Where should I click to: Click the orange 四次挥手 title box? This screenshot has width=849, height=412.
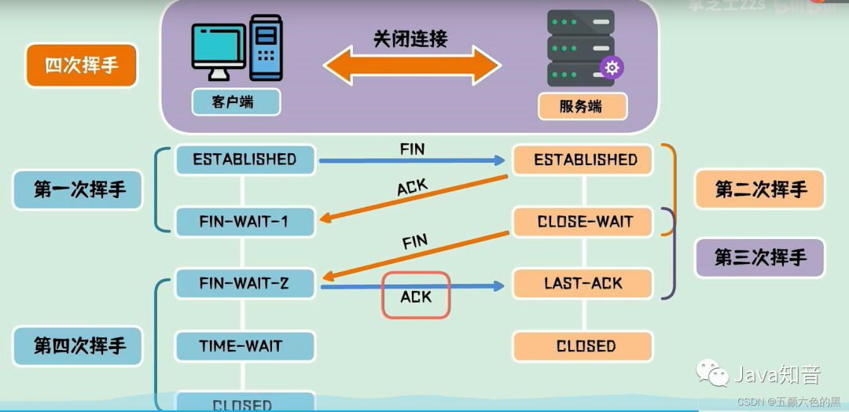click(82, 65)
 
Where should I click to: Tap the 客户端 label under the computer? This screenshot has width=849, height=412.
click(233, 102)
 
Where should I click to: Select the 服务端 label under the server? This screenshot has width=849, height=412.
click(582, 106)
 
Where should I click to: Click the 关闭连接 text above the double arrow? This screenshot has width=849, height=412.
click(410, 39)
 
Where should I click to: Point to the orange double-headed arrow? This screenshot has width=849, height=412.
click(412, 65)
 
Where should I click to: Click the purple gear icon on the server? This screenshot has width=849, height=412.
click(612, 68)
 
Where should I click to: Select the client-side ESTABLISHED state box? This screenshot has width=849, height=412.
click(244, 160)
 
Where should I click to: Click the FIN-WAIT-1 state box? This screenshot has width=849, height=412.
click(244, 222)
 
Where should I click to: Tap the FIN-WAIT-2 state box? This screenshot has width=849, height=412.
click(244, 283)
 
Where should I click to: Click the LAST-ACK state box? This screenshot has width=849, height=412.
click(583, 283)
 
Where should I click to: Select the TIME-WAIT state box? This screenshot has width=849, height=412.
click(244, 346)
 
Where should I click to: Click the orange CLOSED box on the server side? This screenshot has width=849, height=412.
click(583, 346)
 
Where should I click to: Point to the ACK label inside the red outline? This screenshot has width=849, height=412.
click(416, 296)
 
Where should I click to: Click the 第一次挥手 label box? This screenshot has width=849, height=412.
click(79, 189)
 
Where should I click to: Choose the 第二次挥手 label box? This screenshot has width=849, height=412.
click(760, 189)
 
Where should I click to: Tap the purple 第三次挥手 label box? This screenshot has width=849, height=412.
click(760, 258)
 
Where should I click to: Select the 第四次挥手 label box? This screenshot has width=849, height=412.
click(79, 346)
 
